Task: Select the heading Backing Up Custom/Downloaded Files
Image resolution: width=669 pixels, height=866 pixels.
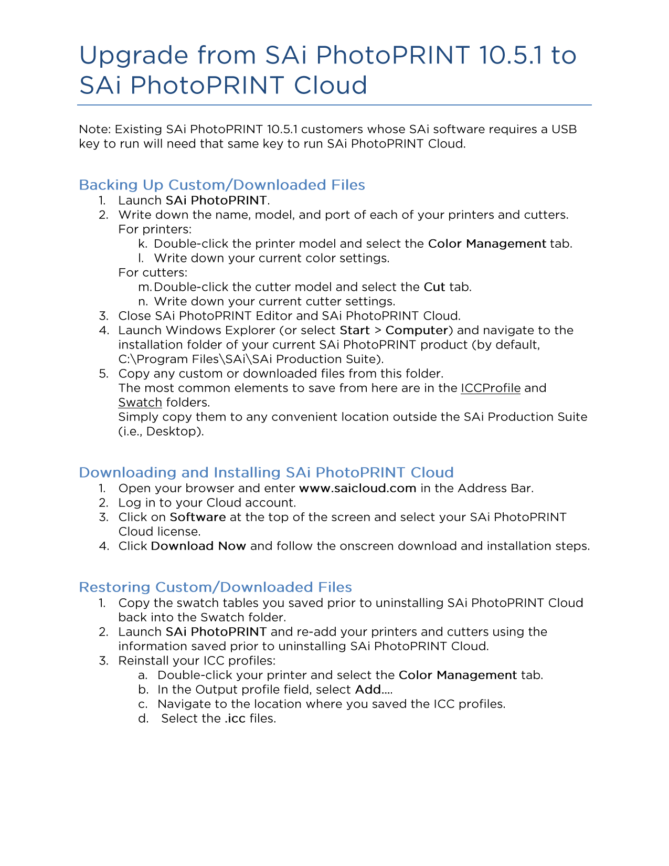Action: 221,185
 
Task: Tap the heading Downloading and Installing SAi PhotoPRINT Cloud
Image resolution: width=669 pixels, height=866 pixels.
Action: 266,472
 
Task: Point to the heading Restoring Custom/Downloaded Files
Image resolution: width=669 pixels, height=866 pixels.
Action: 215,587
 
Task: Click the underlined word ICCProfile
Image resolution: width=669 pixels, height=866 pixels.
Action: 491,388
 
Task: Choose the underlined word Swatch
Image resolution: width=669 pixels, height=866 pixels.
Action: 140,403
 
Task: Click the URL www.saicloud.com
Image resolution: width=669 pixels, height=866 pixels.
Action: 357,488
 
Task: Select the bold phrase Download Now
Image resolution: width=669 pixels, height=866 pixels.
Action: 198,546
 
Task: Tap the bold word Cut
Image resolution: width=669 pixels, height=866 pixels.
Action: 434,287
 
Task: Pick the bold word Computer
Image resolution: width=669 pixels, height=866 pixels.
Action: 417,330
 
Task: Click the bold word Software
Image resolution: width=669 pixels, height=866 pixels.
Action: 198,517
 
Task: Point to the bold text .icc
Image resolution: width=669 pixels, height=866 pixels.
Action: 235,719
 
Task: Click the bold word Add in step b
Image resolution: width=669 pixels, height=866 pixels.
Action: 368,690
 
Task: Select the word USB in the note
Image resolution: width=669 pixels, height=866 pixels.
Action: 564,129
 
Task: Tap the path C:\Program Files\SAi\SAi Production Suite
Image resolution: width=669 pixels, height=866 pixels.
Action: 251,359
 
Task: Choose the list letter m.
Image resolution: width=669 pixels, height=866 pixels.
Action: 144,287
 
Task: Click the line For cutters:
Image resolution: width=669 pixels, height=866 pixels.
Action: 153,272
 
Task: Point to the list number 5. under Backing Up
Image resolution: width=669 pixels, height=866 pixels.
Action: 103,374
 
